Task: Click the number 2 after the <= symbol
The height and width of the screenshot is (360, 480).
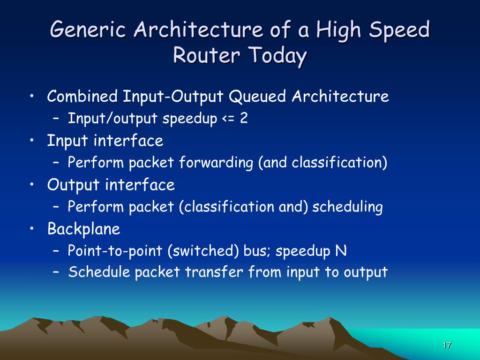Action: coord(244,119)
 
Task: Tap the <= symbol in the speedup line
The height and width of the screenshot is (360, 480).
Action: coord(227,119)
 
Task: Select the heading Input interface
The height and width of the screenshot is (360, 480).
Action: coord(105,141)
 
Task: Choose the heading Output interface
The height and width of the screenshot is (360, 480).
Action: coord(111,185)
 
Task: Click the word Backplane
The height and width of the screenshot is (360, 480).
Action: coord(84,229)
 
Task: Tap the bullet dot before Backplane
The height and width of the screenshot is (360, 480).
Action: coord(31,229)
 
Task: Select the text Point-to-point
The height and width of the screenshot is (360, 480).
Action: coord(116,251)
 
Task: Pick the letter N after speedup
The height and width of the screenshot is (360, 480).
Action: coord(341,251)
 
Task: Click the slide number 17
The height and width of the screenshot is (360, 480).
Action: coord(446,345)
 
